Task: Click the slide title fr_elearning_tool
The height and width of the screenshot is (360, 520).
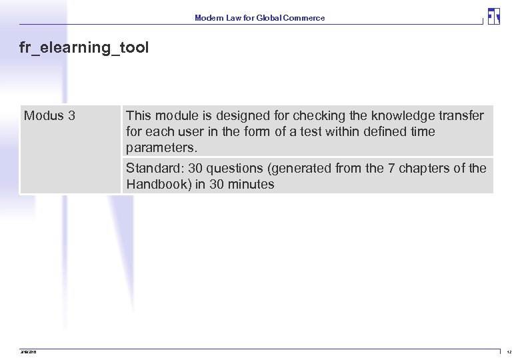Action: pos(85,48)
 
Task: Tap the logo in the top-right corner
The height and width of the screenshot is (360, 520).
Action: pos(493,17)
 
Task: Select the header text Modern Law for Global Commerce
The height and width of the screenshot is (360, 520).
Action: pos(259,18)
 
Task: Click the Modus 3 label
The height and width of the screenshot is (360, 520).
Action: pos(49,116)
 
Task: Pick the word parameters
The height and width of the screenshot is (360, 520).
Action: pos(162,147)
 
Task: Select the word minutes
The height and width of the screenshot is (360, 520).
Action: pos(251,185)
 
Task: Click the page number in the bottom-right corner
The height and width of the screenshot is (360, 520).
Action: pos(509,352)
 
